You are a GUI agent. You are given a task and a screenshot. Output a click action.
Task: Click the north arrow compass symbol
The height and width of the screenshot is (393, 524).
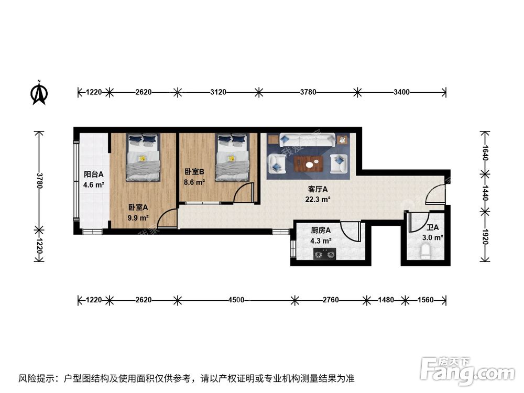[x=39, y=92]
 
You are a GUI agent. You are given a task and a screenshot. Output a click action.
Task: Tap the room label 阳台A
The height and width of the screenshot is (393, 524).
[x=94, y=175]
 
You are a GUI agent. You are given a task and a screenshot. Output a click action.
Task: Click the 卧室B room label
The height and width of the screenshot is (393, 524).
[x=194, y=172]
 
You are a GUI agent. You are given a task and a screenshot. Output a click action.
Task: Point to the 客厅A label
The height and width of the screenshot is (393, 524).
[x=317, y=189]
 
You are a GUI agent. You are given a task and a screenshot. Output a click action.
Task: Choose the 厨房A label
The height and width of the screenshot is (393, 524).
[x=320, y=231]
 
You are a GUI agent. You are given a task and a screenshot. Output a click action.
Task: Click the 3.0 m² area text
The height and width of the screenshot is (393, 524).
[x=433, y=237]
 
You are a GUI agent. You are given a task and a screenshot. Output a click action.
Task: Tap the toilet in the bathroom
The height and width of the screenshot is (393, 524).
[x=426, y=254]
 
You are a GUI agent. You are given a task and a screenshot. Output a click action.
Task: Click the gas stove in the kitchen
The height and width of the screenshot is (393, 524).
[x=324, y=255]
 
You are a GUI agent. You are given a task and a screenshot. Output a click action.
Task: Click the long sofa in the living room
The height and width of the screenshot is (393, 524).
[x=308, y=140]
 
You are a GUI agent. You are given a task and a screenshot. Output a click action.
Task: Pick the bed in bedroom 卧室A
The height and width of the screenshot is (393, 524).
[x=143, y=157]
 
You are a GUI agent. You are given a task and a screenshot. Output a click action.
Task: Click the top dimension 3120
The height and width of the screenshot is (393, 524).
[x=218, y=92]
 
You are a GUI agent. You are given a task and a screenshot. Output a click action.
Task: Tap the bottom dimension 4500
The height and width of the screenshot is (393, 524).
[x=236, y=300]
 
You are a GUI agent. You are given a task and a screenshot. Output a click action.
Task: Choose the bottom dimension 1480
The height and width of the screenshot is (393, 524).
[x=386, y=300]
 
